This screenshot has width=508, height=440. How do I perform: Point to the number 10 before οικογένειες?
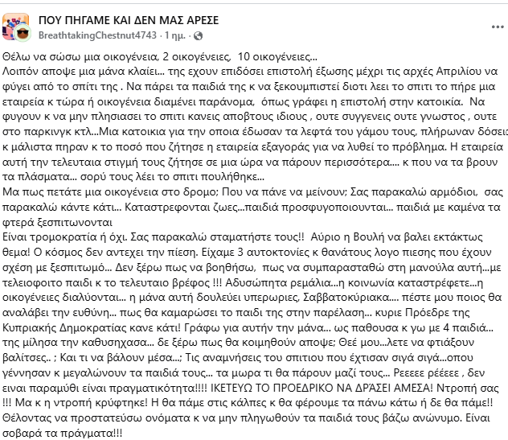[241, 59]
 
